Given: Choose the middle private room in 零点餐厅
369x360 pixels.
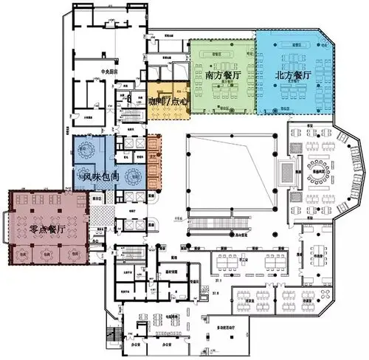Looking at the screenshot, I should [x=49, y=253].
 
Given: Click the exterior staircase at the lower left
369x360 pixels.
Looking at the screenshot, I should [x=113, y=335].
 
